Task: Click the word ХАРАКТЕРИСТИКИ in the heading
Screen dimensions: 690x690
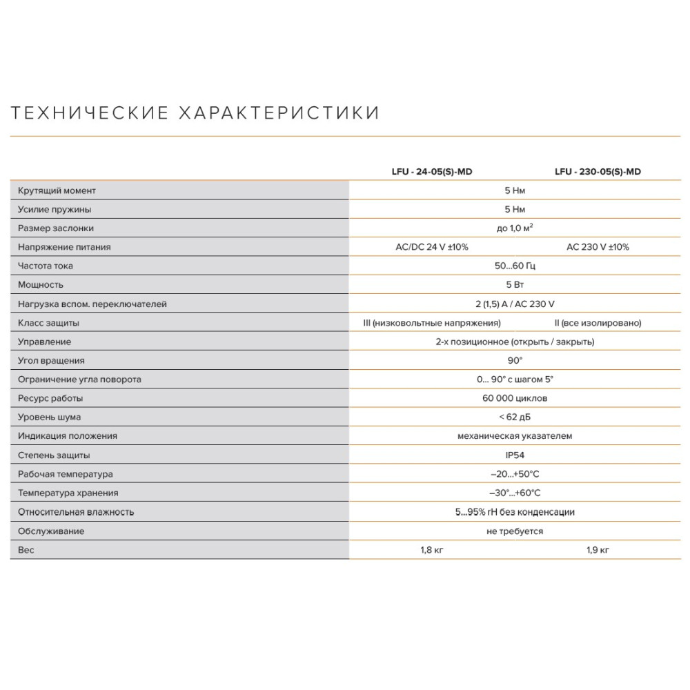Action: pyautogui.click(x=279, y=113)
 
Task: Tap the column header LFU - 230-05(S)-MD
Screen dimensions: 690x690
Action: pyautogui.click(x=598, y=172)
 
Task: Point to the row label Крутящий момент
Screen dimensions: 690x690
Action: pyautogui.click(x=57, y=190)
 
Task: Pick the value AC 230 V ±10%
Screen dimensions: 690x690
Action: pyautogui.click(x=598, y=247)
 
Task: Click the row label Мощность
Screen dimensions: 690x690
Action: pyautogui.click(x=41, y=285)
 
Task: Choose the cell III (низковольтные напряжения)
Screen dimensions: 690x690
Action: pyautogui.click(x=432, y=323)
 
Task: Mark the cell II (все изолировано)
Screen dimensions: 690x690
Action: pyautogui.click(x=598, y=323)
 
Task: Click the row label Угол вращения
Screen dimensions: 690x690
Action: pyautogui.click(x=52, y=361)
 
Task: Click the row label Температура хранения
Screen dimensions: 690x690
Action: pyautogui.click(x=68, y=493)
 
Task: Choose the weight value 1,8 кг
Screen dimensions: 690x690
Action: pyautogui.click(x=432, y=550)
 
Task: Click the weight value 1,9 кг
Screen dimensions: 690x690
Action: pyautogui.click(x=598, y=550)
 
